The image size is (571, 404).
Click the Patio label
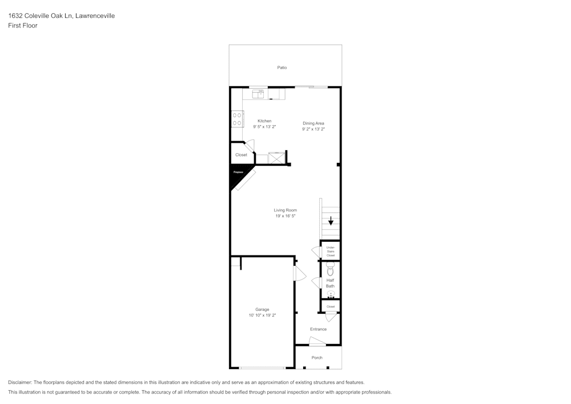(x=282, y=67)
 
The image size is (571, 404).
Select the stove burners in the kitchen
(x=236, y=119)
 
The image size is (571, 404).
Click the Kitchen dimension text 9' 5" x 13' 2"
(x=264, y=127)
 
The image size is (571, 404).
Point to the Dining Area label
(x=313, y=123)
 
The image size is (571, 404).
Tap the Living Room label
(x=285, y=210)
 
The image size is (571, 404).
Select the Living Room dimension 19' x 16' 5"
(x=285, y=216)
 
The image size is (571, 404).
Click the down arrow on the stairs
(x=331, y=221)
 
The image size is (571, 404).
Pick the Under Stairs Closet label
(x=331, y=251)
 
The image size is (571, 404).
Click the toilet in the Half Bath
(x=330, y=269)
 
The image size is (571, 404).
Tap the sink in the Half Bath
(x=331, y=295)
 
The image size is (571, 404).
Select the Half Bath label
(x=331, y=283)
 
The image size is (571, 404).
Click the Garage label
(x=262, y=309)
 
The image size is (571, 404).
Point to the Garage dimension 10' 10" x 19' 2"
(x=262, y=315)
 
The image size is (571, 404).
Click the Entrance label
(x=318, y=329)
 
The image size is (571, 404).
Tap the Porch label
(x=317, y=358)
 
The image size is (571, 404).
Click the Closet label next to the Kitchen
(x=241, y=155)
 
